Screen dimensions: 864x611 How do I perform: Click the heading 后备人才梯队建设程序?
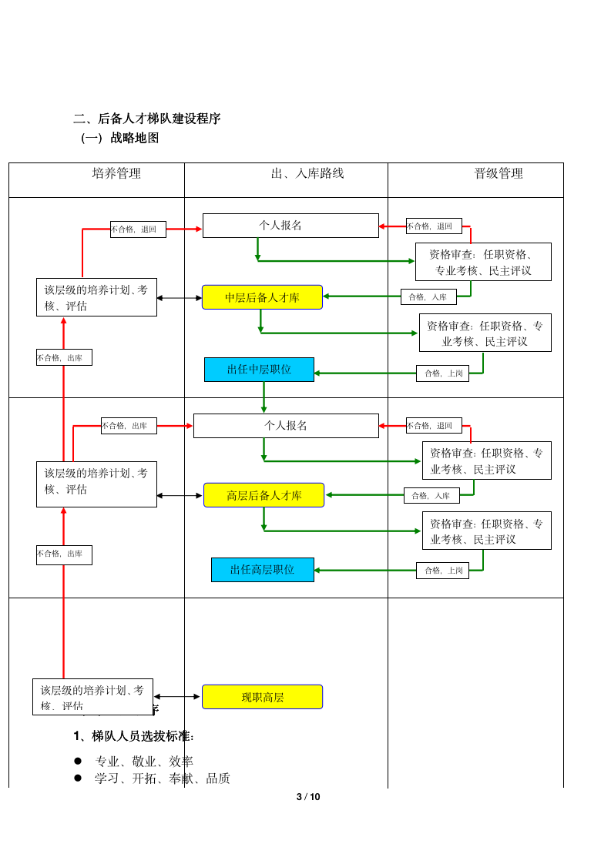147,119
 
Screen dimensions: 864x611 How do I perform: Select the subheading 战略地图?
120,139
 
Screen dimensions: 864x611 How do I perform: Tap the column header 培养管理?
116,174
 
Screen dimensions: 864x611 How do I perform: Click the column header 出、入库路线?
307,174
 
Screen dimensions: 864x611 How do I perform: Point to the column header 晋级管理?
499,174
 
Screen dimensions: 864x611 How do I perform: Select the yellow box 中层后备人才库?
262,297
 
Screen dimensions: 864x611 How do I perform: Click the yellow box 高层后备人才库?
264,495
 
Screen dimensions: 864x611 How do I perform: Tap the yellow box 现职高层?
262,697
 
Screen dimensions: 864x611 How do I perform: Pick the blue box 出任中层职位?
259,370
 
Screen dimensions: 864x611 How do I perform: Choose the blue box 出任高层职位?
262,570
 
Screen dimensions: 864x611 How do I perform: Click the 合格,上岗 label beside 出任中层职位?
442,373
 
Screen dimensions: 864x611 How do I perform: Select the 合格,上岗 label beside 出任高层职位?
442,571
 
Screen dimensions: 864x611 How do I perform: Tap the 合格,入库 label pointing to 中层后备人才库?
428,297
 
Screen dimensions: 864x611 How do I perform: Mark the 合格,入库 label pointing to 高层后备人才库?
431,496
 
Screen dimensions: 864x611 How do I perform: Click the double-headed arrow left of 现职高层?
177,697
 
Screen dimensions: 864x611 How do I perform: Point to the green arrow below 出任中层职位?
264,397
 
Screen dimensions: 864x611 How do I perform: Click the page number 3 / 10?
308,797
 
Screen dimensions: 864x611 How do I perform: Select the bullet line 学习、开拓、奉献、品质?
162,779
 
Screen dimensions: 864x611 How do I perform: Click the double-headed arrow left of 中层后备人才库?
180,298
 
